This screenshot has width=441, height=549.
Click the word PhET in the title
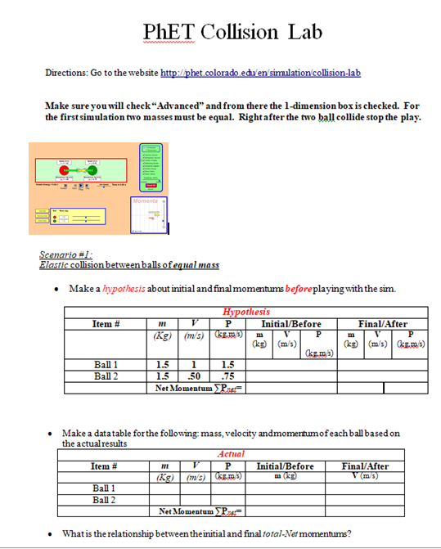click(x=167, y=32)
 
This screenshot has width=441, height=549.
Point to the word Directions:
click(x=67, y=73)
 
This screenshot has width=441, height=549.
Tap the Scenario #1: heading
click(x=66, y=255)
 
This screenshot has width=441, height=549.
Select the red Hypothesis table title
click(x=245, y=312)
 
